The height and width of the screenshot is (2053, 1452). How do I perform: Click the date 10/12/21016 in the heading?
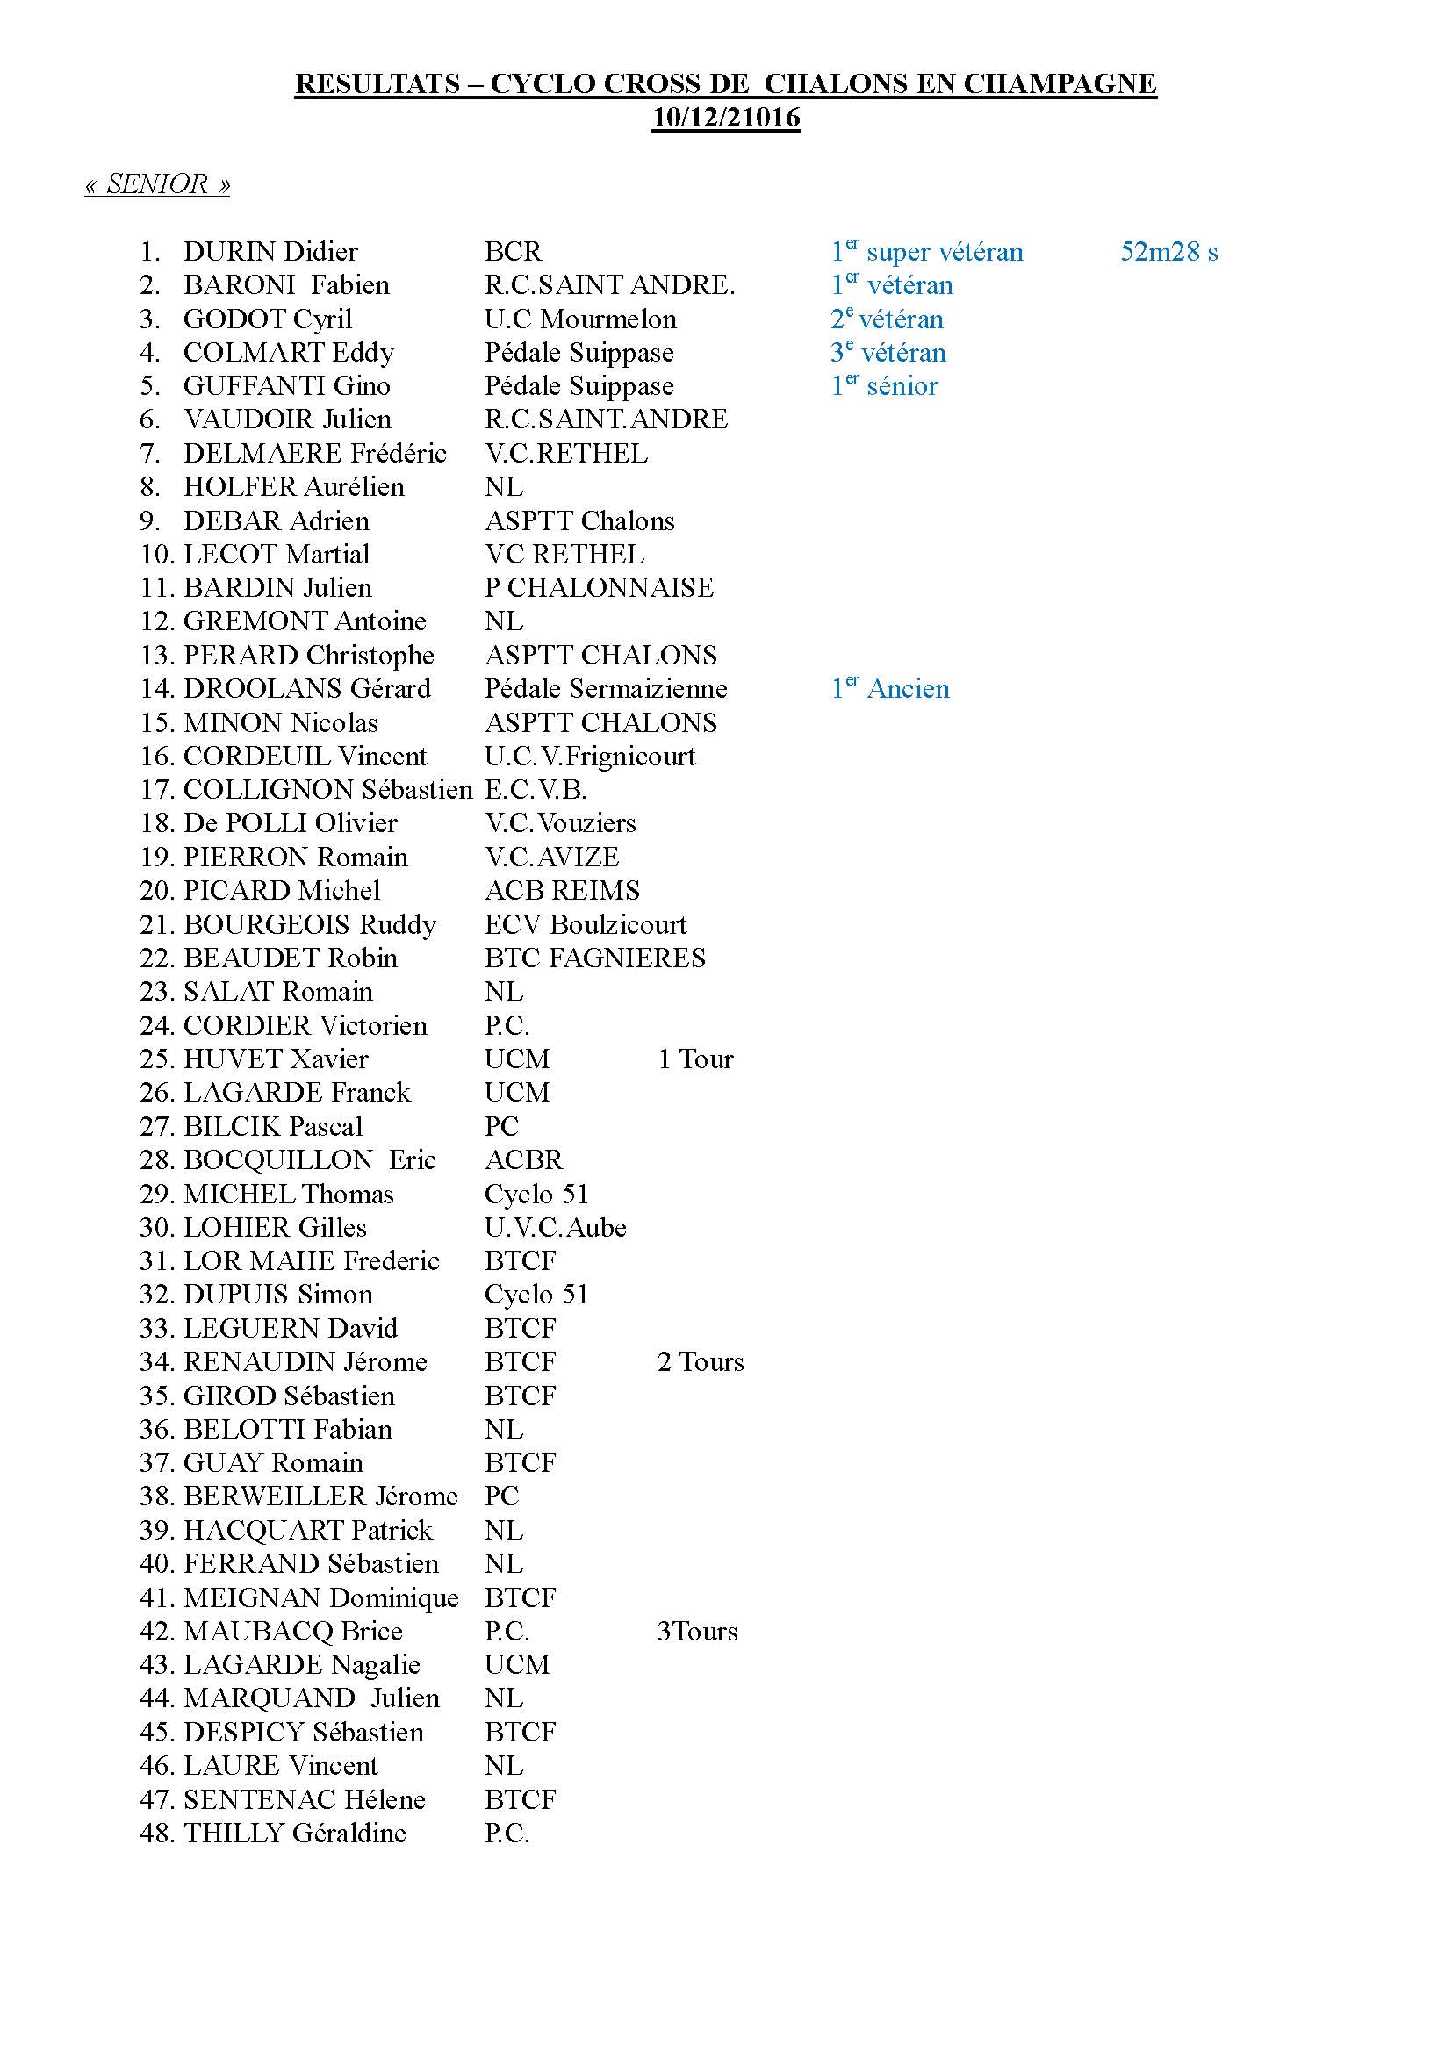pyautogui.click(x=725, y=118)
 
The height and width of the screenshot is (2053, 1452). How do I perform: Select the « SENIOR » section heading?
pyautogui.click(x=157, y=184)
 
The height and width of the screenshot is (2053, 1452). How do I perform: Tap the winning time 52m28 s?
pyautogui.click(x=1168, y=252)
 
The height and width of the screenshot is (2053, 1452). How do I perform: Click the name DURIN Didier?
pyautogui.click(x=270, y=252)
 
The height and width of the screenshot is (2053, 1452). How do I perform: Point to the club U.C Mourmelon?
pyautogui.click(x=580, y=319)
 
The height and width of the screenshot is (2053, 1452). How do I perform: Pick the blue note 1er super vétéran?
pyautogui.click(x=926, y=252)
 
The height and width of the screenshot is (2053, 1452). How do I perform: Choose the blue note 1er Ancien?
pyautogui.click(x=889, y=688)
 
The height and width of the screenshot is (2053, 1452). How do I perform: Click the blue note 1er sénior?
pyautogui.click(x=884, y=386)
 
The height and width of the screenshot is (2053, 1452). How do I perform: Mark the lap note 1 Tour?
pyautogui.click(x=695, y=1059)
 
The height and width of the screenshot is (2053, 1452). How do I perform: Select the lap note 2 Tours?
pyautogui.click(x=700, y=1362)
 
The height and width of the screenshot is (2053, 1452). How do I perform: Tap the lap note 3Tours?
pyautogui.click(x=697, y=1631)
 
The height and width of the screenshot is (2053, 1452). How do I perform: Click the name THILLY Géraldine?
pyautogui.click(x=294, y=1833)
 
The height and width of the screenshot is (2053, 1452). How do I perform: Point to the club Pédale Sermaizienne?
pyautogui.click(x=606, y=688)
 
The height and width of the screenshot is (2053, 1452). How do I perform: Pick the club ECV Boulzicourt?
pyautogui.click(x=586, y=924)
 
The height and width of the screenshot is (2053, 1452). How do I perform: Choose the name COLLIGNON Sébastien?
pyautogui.click(x=327, y=790)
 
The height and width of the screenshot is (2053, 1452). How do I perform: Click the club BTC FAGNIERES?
pyautogui.click(x=594, y=958)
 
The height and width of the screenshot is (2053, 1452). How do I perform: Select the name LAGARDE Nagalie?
pyautogui.click(x=301, y=1665)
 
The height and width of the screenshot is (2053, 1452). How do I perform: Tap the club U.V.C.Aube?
pyautogui.click(x=555, y=1228)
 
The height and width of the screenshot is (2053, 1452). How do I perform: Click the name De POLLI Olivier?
pyautogui.click(x=290, y=823)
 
